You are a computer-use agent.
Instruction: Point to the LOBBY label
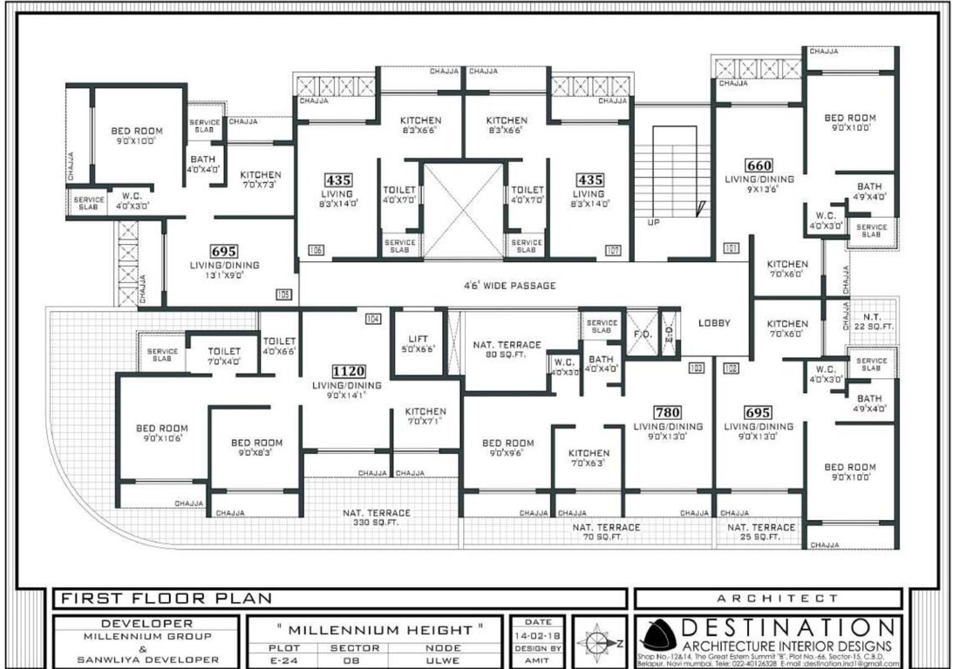click(714, 323)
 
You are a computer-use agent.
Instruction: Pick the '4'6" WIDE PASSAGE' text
click(510, 286)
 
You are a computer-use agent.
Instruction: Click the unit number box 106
click(316, 251)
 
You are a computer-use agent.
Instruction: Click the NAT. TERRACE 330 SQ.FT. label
click(376, 518)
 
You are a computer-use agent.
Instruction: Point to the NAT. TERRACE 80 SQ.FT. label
click(507, 350)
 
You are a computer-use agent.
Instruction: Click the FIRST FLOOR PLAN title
click(166, 598)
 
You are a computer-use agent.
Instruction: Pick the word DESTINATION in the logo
click(786, 628)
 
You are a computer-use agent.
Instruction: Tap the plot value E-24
click(278, 659)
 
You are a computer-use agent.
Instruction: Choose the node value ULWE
click(443, 659)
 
